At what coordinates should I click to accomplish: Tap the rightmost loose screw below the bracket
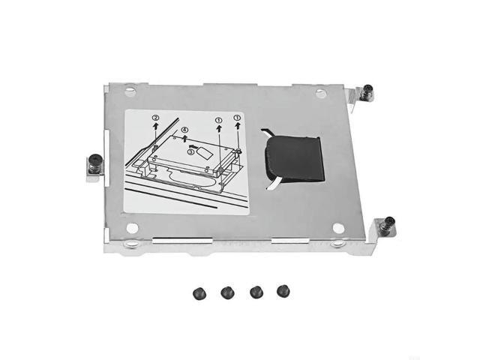pyautogui.click(x=283, y=290)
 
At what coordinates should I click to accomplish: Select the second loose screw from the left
pyautogui.click(x=229, y=291)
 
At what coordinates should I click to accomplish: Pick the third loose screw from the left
pyautogui.click(x=256, y=291)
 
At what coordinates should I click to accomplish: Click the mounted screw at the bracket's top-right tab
pyautogui.click(x=367, y=92)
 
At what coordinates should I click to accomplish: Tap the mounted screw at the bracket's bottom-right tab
pyautogui.click(x=389, y=224)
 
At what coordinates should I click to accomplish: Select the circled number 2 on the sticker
pyautogui.click(x=155, y=118)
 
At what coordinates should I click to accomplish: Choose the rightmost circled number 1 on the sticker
pyautogui.click(x=238, y=118)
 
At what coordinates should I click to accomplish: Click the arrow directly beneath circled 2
pyautogui.click(x=155, y=128)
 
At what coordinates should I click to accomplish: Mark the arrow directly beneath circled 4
pyautogui.click(x=184, y=139)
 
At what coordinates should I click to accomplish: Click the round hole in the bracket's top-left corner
pyautogui.click(x=130, y=91)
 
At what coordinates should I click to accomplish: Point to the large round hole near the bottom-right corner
pyautogui.click(x=338, y=228)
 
